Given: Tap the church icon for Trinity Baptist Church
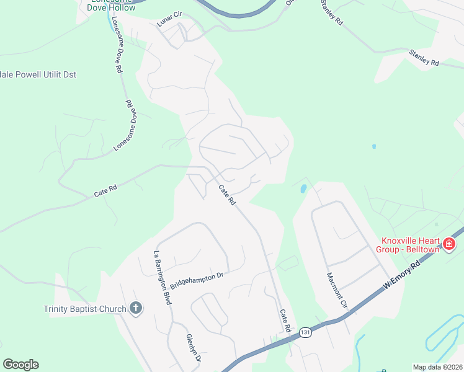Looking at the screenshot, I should [135, 308].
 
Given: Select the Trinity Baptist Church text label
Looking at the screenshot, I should [84, 309].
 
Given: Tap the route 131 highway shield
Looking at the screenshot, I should [305, 333].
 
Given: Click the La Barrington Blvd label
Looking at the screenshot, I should [162, 277].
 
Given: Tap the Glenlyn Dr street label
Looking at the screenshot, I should [193, 348].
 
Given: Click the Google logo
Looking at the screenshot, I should [20, 365].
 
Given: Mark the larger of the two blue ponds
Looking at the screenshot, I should [302, 188].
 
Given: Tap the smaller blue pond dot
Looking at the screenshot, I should [373, 146].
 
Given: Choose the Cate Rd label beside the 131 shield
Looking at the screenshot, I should [285, 321].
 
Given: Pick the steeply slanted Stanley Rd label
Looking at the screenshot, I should [332, 12].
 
